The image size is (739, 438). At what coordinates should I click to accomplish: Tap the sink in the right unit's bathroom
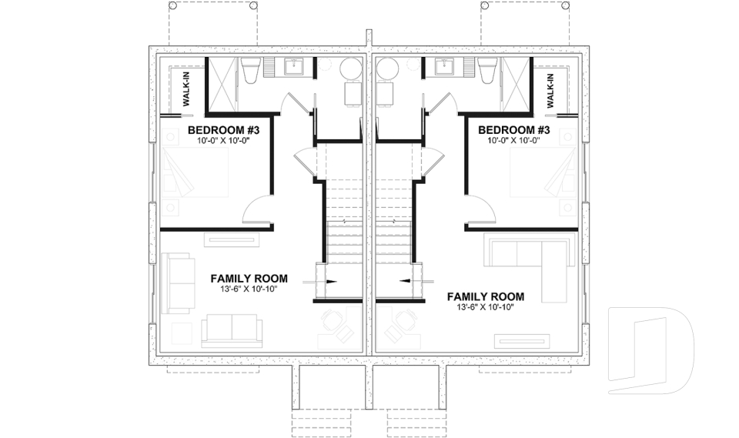click(x=443, y=68)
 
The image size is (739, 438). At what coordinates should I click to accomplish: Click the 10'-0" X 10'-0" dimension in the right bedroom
click(x=513, y=141)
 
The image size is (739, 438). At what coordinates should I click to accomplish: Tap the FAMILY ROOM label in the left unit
click(x=249, y=279)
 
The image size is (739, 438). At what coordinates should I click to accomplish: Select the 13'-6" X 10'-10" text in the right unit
click(x=485, y=306)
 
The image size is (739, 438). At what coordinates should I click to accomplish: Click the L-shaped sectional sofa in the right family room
click(x=531, y=258)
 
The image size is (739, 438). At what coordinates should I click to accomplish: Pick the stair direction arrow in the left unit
click(x=329, y=282)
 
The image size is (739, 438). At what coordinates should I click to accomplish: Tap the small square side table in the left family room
click(x=181, y=333)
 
